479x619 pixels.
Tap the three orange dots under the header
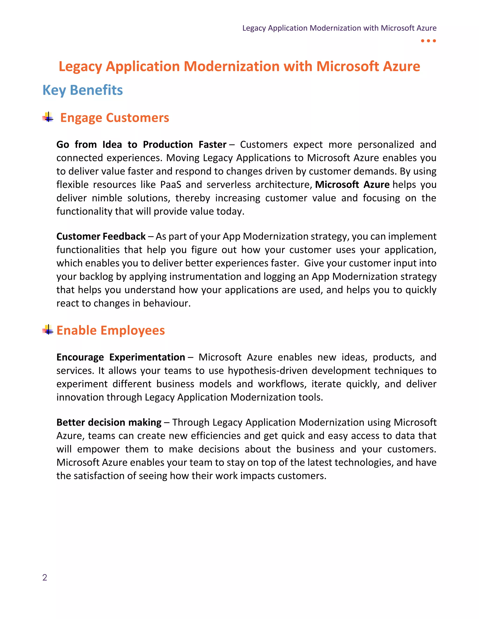428,41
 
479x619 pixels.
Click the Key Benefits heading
83,90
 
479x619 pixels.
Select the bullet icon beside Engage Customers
48,117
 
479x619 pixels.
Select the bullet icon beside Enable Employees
48,330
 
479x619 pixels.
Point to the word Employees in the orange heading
133,331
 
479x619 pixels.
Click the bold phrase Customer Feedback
101,236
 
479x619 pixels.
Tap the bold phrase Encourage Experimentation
121,357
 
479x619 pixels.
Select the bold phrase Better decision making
109,423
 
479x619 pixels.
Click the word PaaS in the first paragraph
171,185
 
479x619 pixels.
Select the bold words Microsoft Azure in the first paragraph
352,185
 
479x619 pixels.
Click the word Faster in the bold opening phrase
212,145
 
